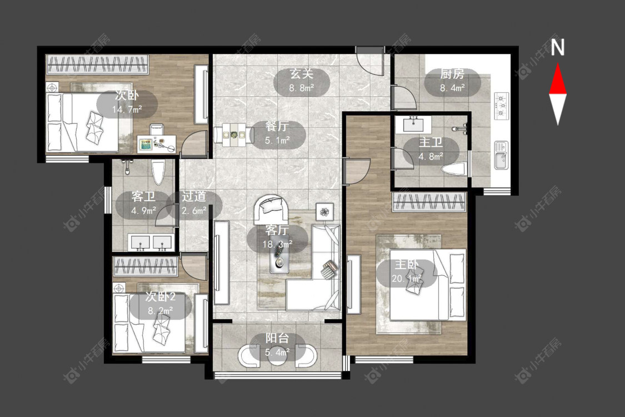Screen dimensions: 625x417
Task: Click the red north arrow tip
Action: coord(558,63)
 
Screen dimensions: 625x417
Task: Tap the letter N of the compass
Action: coord(558,47)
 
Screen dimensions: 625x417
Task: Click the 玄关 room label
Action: coord(301,74)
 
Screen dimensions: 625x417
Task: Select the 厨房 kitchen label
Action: coord(452,74)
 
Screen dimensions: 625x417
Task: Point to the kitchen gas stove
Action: coord(502,106)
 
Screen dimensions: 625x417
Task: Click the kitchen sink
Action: coord(501,155)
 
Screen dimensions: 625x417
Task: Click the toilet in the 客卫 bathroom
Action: coord(158,172)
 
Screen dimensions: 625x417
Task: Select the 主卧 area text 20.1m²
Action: coord(407,278)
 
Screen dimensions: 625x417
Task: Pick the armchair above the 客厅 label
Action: coord(272,209)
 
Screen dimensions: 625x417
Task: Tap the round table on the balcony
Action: coord(277,356)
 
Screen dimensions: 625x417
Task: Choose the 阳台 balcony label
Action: coord(277,338)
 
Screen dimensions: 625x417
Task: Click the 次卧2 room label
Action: coord(160,296)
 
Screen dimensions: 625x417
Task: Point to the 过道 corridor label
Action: coord(194,196)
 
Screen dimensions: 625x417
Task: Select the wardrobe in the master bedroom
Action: coord(429,202)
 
